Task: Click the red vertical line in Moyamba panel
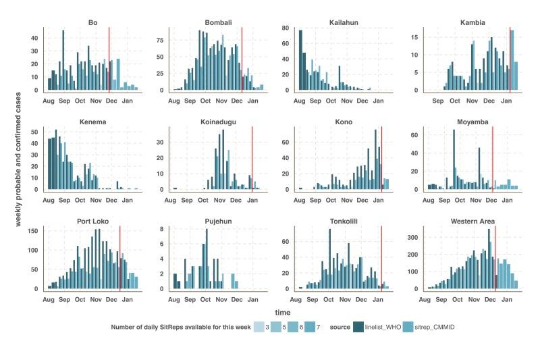coord(493,159)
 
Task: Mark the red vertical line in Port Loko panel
coord(120,257)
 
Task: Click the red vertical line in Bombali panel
coord(242,61)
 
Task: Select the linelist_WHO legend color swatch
coord(358,326)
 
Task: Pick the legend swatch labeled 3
coord(259,326)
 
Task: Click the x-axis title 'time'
coord(282,312)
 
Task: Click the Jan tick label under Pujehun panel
coord(251,299)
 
